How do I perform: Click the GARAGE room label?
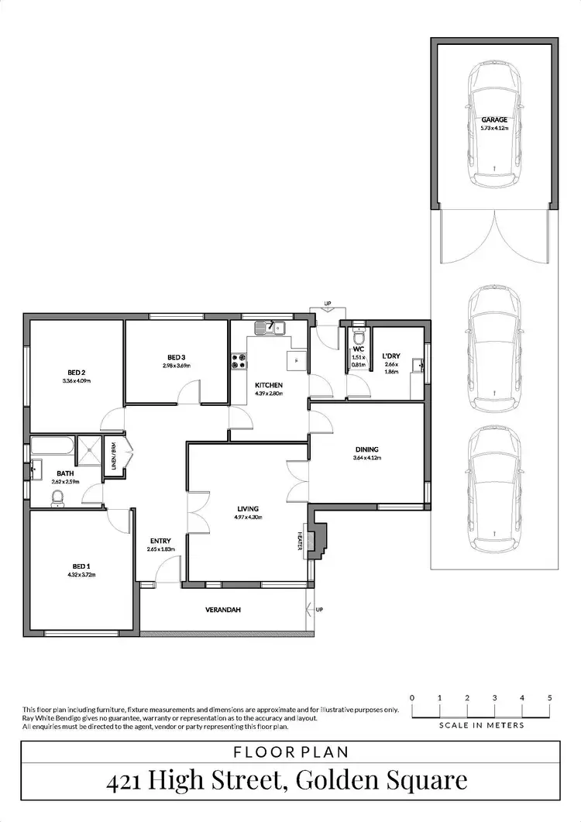[x=494, y=119]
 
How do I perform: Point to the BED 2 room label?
[x=77, y=372]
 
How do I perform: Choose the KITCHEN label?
[x=269, y=385]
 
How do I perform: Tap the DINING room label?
[x=367, y=449]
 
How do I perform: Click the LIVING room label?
[x=248, y=509]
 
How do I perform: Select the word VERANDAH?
[x=224, y=610]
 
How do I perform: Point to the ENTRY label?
[x=161, y=541]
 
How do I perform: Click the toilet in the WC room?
[x=358, y=338]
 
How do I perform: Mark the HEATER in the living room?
[x=299, y=541]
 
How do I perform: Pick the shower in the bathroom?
[x=92, y=451]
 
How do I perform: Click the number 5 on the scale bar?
[x=549, y=698]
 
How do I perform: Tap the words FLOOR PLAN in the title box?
[x=290, y=751]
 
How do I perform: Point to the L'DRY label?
[x=391, y=356]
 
